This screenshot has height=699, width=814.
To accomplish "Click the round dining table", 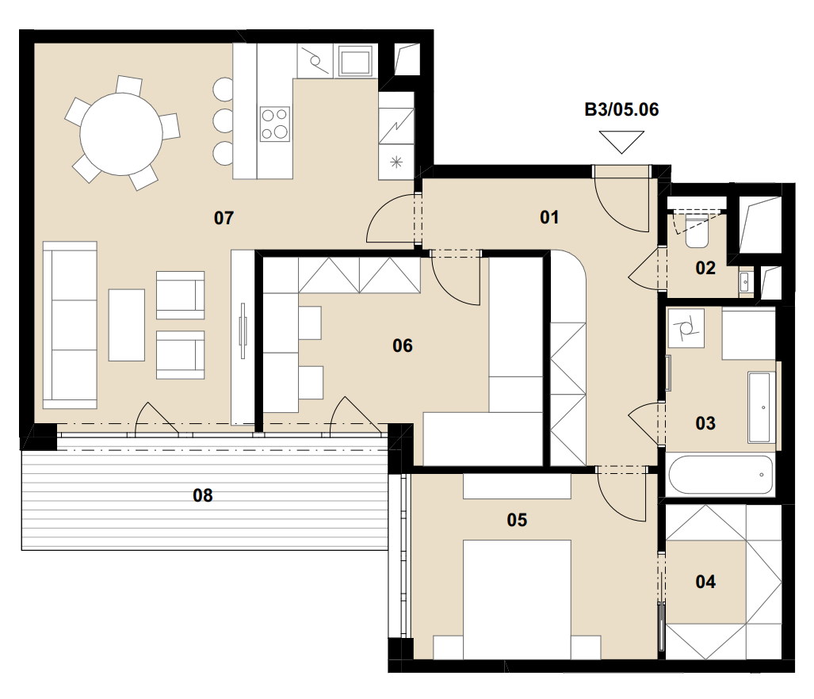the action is click(x=120, y=134).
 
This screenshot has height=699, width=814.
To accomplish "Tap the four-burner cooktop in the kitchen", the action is click(x=275, y=124).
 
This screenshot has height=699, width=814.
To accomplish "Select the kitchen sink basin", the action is click(x=356, y=61).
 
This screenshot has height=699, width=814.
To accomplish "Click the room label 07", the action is click(x=224, y=218).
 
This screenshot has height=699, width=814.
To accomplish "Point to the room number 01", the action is click(x=549, y=217).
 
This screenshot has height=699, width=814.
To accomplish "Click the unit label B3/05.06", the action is click(x=621, y=109).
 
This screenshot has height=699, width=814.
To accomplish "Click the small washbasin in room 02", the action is click(x=746, y=282).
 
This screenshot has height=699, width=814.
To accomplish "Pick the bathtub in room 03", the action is click(x=720, y=475).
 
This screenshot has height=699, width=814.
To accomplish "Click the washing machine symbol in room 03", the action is click(x=686, y=328).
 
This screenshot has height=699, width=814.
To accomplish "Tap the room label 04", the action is click(x=705, y=582).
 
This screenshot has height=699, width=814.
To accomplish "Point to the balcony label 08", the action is click(x=202, y=495).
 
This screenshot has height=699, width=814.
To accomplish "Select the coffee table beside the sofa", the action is click(x=127, y=325).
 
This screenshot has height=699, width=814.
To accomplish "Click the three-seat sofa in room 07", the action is click(x=70, y=325).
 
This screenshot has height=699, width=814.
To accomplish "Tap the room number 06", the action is click(x=403, y=346).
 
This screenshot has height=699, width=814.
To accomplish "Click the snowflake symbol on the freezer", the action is click(x=396, y=162).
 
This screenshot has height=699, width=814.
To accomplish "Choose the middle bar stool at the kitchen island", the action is click(x=224, y=120).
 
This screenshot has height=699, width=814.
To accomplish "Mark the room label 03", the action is click(x=705, y=423).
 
